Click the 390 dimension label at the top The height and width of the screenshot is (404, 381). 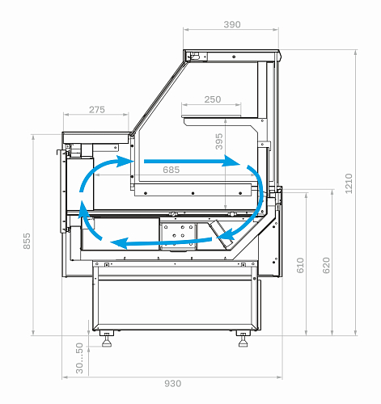click(x=232, y=24)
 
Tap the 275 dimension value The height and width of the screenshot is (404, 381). click(x=97, y=110)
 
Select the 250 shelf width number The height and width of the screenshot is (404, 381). click(x=213, y=99)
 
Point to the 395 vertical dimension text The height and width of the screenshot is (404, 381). click(x=219, y=141)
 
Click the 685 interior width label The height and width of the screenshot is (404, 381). click(x=171, y=170)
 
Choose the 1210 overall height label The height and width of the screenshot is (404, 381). click(x=349, y=183)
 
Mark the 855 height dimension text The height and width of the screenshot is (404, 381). click(x=27, y=241)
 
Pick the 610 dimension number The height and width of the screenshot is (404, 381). click(x=300, y=265)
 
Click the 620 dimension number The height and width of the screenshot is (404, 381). click(x=326, y=265)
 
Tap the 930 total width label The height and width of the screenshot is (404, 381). click(x=173, y=384)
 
